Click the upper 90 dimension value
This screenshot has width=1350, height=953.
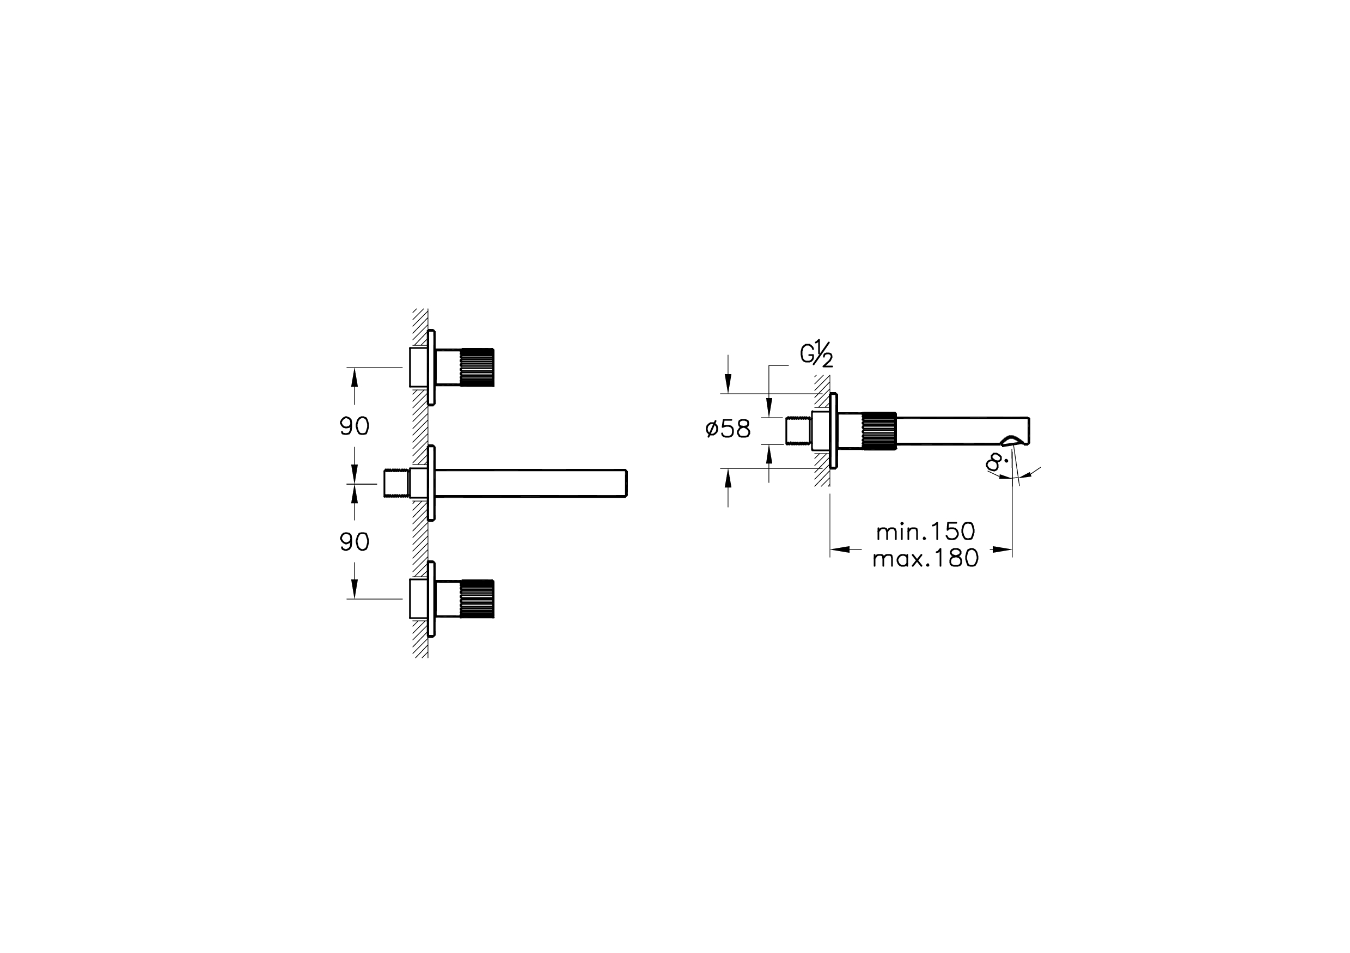click(355, 426)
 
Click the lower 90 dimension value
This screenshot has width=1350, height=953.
click(355, 542)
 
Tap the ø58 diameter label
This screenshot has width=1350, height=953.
click(728, 429)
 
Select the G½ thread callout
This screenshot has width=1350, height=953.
click(816, 356)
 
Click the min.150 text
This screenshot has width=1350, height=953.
click(925, 532)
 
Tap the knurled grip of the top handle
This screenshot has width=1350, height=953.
click(477, 368)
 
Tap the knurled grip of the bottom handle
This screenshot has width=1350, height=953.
click(477, 599)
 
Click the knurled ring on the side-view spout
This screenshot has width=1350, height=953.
click(878, 431)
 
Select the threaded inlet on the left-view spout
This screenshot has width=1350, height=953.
click(396, 483)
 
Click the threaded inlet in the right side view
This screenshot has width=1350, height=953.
click(798, 431)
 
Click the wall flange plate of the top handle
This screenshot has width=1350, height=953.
click(432, 368)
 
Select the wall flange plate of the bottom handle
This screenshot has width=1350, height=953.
click(432, 599)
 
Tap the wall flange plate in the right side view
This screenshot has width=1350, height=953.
click(833, 431)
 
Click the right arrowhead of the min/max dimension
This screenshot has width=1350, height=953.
click(1002, 549)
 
